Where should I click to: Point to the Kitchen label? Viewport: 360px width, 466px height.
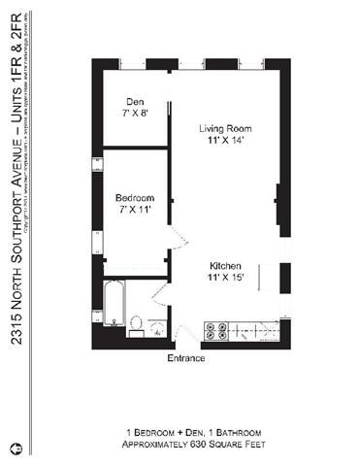click(x=226, y=266)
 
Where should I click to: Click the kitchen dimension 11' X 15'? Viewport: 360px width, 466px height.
click(x=226, y=278)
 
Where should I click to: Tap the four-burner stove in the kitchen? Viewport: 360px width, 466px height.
click(x=218, y=330)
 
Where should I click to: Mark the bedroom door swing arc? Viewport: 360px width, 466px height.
click(x=175, y=243)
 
